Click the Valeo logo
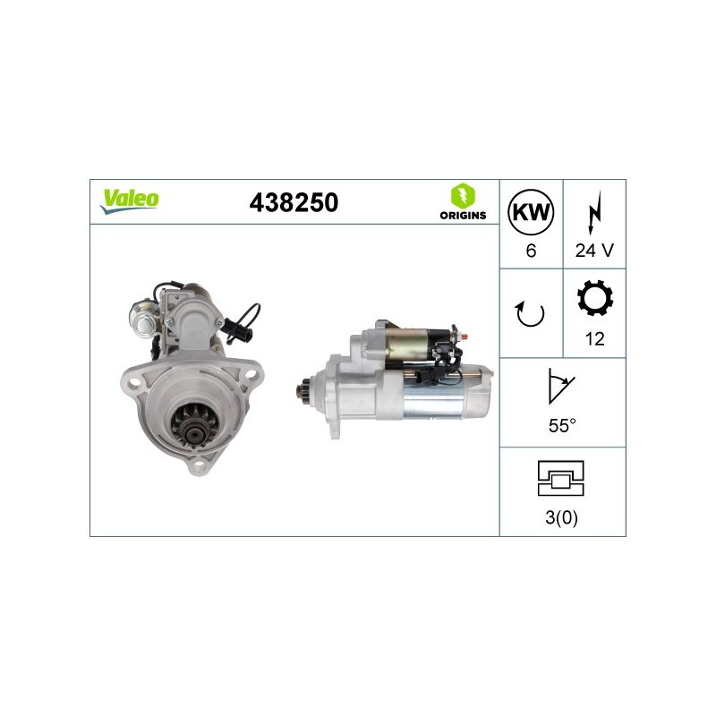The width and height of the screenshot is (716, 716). point(130,200)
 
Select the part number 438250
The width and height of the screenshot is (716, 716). point(294,202)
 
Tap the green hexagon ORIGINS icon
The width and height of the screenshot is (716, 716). point(463,196)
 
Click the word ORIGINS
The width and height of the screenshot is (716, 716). point(463,215)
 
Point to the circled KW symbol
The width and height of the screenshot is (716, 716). point(531,212)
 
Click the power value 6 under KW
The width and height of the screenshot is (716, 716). point(531,251)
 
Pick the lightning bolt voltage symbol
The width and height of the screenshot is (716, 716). point(594,213)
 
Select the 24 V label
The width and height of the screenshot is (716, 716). point(594,251)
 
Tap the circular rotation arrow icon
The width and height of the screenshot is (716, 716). point(530,314)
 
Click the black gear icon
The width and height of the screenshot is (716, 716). point(594,298)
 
